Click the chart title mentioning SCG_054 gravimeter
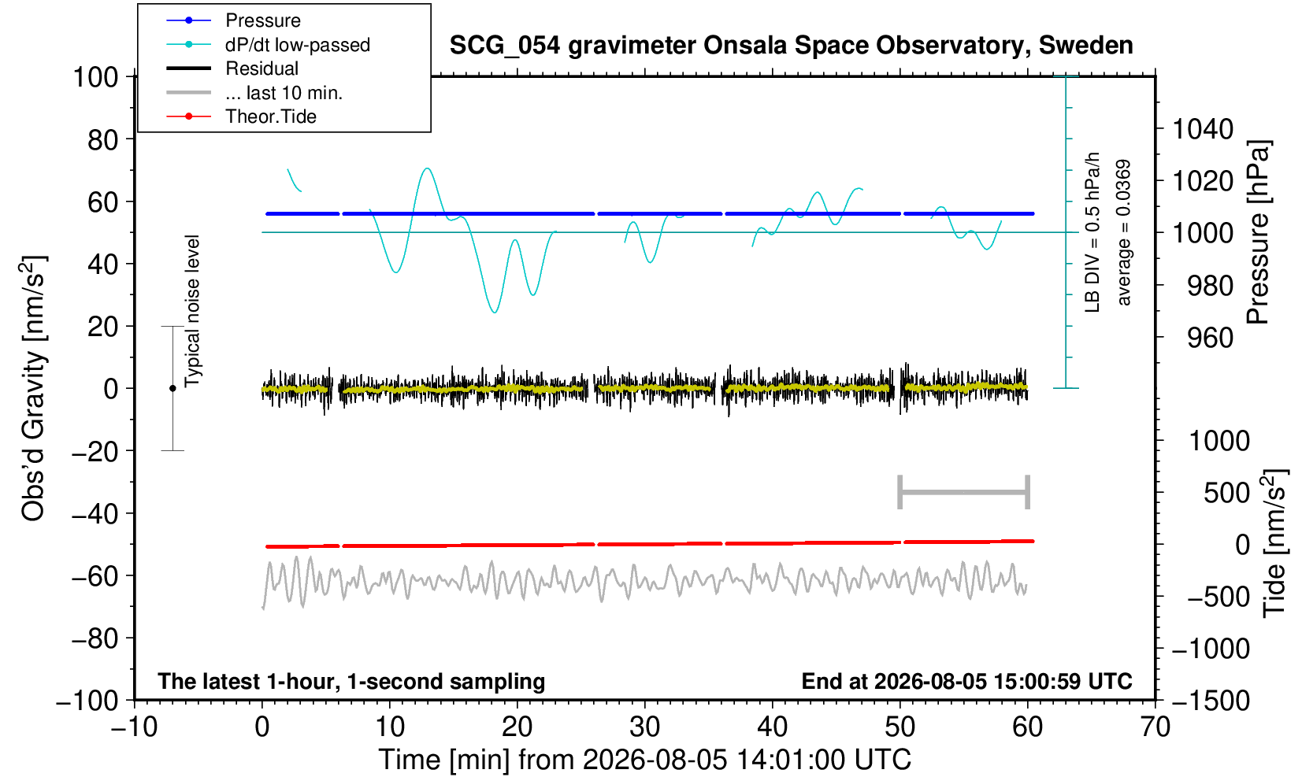(x=791, y=46)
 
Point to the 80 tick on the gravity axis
(x=103, y=139)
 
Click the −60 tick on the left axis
(x=95, y=576)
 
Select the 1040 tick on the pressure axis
(x=1203, y=128)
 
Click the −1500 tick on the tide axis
(x=1211, y=701)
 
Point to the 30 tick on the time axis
(x=644, y=727)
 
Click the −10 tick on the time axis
(x=134, y=727)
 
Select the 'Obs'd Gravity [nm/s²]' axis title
(x=33, y=388)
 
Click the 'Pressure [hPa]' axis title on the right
(x=1259, y=232)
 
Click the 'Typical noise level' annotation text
(x=192, y=311)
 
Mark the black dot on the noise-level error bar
(x=172, y=388)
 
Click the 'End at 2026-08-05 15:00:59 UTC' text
(x=966, y=681)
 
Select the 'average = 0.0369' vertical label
(x=1123, y=232)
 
